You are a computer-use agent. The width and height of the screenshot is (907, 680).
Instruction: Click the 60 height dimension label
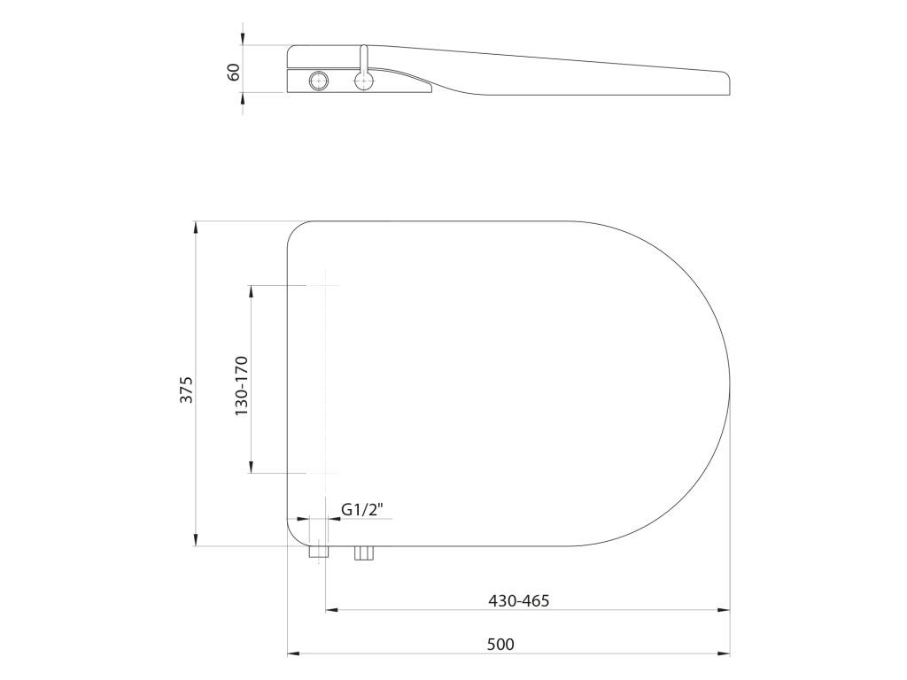(234, 73)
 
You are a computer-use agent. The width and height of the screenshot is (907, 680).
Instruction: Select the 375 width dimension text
(186, 390)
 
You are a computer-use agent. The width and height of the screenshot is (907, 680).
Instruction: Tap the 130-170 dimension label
(241, 386)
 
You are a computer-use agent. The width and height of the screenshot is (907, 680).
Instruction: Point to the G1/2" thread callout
(362, 509)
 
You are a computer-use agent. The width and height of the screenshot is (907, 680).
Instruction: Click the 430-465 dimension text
(519, 601)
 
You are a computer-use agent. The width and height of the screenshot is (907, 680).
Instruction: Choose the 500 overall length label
(500, 645)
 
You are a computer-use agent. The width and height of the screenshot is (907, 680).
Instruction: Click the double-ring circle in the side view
(318, 80)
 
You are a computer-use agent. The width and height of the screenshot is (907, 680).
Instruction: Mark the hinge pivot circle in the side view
(363, 81)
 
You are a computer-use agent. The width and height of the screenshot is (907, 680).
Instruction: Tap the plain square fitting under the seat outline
(319, 552)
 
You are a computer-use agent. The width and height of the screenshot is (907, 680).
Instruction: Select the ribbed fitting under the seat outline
(364, 552)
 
